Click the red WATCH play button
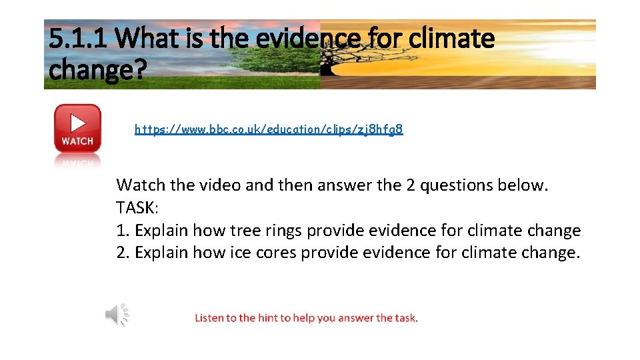(x=77, y=128)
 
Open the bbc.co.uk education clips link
(x=269, y=129)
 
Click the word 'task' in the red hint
(x=405, y=318)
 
